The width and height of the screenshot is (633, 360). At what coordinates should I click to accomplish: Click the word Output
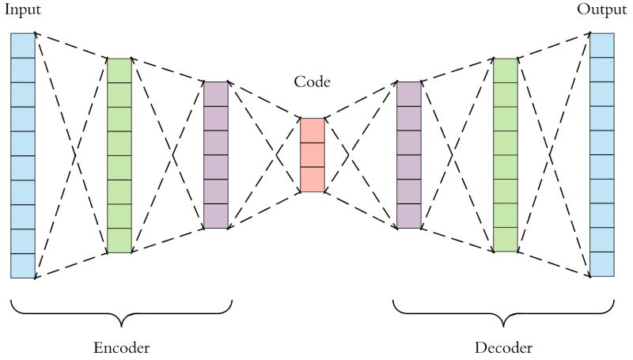coord(602,9)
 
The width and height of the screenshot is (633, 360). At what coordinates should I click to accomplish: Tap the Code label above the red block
coord(312,81)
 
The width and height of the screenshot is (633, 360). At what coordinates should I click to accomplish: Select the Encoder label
coord(121,348)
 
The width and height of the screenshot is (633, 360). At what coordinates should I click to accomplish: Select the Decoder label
coord(503,348)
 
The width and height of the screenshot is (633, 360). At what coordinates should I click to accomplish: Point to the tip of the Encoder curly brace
coord(122,325)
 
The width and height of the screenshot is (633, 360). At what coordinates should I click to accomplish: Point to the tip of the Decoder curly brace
coord(504,325)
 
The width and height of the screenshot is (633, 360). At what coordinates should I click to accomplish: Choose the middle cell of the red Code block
coord(312,155)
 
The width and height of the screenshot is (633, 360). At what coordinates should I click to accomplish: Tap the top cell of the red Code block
coord(312,131)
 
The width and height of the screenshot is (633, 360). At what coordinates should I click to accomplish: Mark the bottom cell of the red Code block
coord(312,180)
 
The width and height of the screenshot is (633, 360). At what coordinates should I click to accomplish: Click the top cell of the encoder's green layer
coord(119,70)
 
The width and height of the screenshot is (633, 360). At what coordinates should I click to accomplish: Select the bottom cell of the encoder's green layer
coord(119,241)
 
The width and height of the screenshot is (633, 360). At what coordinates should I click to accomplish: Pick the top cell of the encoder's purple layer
coord(216,93)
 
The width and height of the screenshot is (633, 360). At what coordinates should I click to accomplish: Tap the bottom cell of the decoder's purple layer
coord(408,216)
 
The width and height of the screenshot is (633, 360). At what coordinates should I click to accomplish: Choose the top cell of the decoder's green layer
coord(505,70)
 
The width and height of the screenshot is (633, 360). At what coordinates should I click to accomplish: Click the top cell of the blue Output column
coord(602,45)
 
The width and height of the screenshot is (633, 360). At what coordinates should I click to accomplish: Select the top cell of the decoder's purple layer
coord(408,93)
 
